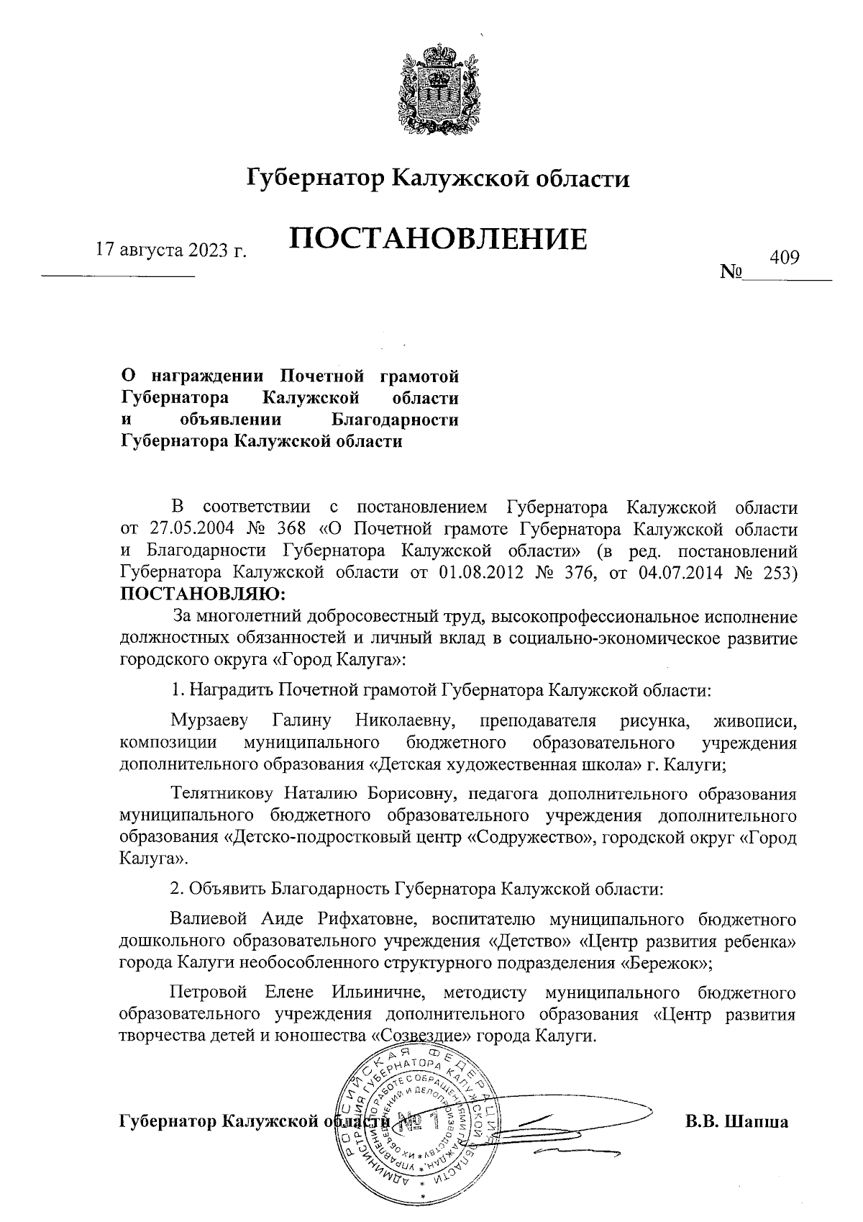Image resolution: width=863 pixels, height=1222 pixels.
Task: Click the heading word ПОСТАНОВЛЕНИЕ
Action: tap(438, 238)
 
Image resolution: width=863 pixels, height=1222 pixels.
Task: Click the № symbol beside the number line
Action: tap(731, 273)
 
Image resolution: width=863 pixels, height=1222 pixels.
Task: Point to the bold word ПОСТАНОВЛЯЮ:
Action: tap(202, 594)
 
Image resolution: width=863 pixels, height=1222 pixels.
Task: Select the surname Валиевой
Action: tap(209, 920)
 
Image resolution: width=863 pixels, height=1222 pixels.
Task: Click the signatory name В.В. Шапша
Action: tap(736, 1122)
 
